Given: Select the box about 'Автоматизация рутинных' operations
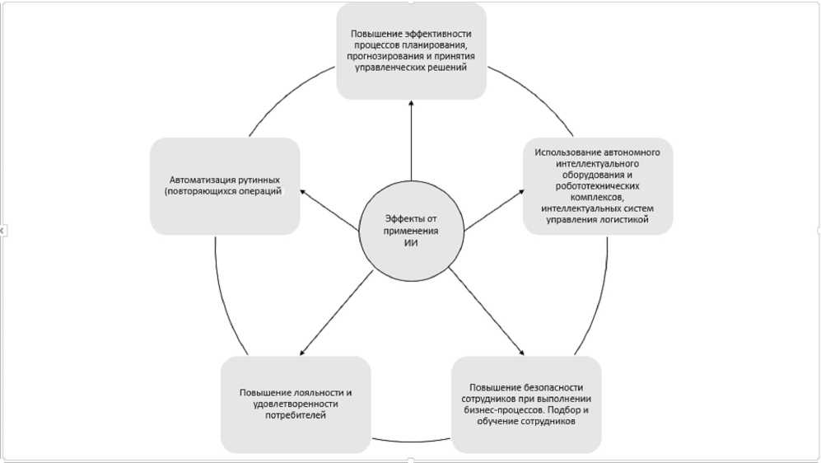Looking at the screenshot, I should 224,185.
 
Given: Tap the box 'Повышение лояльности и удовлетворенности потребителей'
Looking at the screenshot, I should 295,404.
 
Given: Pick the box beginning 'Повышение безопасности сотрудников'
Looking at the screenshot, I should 525,404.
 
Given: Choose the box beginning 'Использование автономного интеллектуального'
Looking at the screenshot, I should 597,185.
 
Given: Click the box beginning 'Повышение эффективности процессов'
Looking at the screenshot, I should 411,51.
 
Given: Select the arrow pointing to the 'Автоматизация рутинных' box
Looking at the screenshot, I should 329,209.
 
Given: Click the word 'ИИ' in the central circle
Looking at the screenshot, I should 410,244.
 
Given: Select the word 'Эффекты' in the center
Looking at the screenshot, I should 399,218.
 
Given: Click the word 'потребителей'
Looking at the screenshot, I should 295,415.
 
